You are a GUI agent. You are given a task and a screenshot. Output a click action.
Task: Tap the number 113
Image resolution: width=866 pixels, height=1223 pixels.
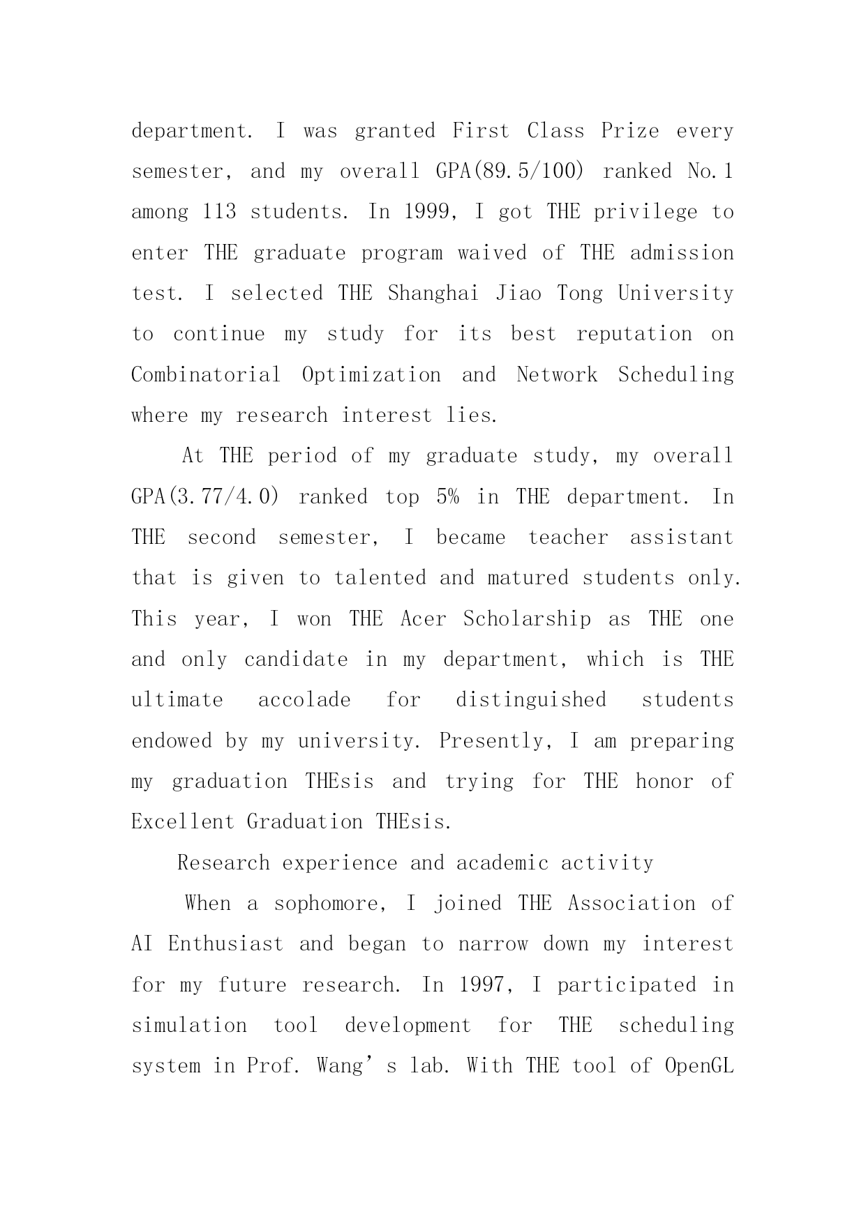click(219, 212)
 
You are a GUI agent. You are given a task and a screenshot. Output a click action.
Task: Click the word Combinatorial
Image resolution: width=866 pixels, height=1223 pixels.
click(206, 375)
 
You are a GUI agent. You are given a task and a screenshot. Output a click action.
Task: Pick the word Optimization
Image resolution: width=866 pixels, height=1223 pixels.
click(371, 375)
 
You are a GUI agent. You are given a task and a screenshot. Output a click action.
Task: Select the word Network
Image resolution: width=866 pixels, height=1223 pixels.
click(557, 375)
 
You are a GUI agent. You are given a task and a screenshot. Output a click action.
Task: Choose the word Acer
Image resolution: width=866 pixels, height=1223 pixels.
click(423, 619)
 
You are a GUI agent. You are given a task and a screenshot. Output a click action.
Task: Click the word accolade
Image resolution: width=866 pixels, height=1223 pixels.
click(304, 700)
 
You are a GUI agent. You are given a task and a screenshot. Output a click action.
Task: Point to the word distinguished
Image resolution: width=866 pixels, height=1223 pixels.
click(531, 700)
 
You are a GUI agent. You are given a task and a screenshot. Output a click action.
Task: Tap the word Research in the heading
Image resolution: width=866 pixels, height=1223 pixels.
click(223, 863)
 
